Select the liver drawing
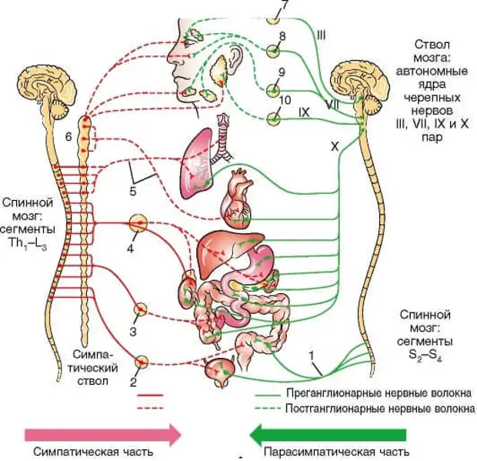pyautogui.click(x=225, y=249)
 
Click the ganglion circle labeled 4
pyautogui.click(x=138, y=223)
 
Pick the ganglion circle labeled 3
pyautogui.click(x=141, y=309)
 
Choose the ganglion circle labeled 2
pyautogui.click(x=141, y=362)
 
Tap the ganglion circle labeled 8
pyautogui.click(x=273, y=51)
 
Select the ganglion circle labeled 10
pyautogui.click(x=273, y=119)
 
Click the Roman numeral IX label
pyautogui.click(x=304, y=112)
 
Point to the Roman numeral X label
pyautogui.click(x=335, y=147)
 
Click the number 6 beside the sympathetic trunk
pyautogui.click(x=68, y=137)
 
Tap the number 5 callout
pyautogui.click(x=133, y=192)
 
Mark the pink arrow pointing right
pyautogui.click(x=103, y=435)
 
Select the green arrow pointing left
pyautogui.click(x=328, y=435)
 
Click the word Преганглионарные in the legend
pyautogui.click(x=333, y=393)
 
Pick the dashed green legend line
pyautogui.click(x=268, y=409)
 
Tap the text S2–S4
pyautogui.click(x=425, y=355)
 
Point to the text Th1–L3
pyautogui.click(x=28, y=244)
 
